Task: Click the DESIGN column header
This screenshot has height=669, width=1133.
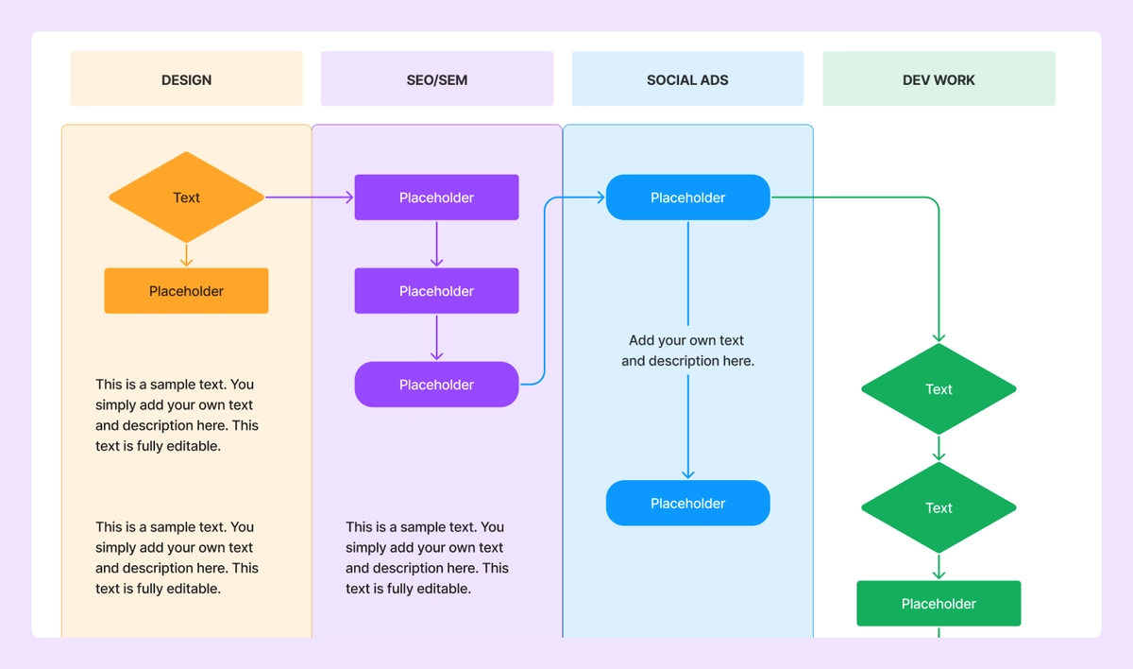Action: point(186,79)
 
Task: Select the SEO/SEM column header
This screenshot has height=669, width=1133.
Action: point(436,79)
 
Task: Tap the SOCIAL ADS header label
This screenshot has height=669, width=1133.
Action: point(687,79)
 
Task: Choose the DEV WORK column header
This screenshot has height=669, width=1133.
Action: point(939,79)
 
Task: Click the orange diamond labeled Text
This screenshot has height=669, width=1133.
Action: point(186,197)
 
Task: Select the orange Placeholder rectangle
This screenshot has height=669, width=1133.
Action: point(186,291)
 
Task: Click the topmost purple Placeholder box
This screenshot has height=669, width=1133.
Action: point(436,197)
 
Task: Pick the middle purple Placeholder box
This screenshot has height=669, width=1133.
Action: point(436,291)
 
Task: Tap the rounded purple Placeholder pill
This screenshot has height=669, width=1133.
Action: point(436,385)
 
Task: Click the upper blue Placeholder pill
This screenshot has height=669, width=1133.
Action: point(687,197)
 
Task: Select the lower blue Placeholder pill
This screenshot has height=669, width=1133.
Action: point(687,504)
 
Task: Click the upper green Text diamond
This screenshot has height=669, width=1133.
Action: point(939,389)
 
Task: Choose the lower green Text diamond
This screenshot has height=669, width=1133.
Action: point(939,508)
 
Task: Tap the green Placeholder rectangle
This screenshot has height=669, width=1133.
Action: point(939,604)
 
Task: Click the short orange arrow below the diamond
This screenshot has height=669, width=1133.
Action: point(186,255)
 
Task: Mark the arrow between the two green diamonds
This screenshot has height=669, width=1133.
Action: point(939,448)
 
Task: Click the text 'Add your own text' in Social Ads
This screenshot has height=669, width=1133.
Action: point(686,340)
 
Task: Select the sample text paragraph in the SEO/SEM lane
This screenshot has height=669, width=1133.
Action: point(427,557)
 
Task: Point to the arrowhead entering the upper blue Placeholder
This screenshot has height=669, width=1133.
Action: point(599,197)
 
